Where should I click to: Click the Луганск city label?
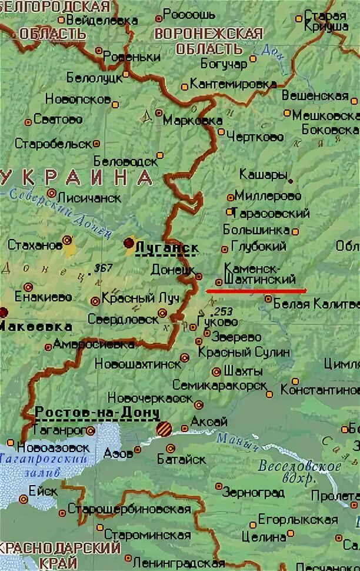tap(166, 249)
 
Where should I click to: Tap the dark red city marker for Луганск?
tap(128, 243)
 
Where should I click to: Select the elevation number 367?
tap(103, 268)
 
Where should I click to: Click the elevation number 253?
tap(223, 311)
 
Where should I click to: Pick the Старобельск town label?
tap(53, 144)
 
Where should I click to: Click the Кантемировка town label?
tap(233, 84)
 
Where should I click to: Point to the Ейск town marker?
tap(24, 499)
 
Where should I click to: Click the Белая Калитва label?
tap(315, 304)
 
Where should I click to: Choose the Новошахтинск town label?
tap(137, 363)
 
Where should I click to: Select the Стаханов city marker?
tap(67, 240)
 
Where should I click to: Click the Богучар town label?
tap(224, 63)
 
